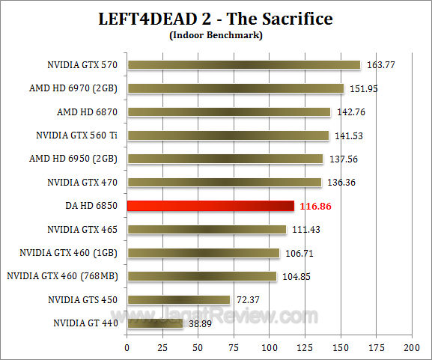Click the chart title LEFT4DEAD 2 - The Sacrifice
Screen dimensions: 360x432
[x=216, y=19]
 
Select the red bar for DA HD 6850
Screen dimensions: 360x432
[x=210, y=206]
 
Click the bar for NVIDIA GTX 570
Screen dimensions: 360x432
[x=244, y=65]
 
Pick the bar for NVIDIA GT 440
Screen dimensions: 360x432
[x=155, y=323]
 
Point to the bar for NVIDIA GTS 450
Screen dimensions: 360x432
[x=178, y=299]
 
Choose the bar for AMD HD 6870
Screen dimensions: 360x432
[x=229, y=112]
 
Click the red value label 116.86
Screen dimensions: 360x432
[x=316, y=206]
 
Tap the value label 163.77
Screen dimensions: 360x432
[x=380, y=65]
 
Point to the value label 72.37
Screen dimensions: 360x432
[x=249, y=299]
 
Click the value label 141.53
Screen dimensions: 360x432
[x=348, y=135]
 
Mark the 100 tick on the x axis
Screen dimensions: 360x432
[x=270, y=348]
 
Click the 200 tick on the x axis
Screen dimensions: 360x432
[x=411, y=348]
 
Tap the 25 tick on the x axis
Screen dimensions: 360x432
[x=162, y=348]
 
